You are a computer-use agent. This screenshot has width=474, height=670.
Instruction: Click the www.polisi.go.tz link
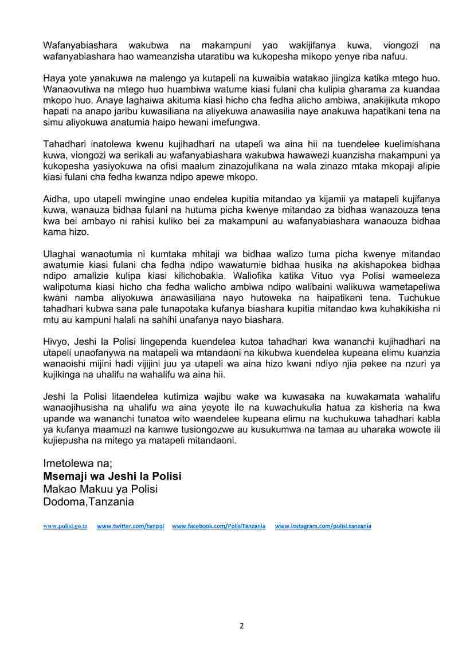click(65, 526)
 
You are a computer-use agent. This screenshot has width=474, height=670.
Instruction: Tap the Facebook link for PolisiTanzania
click(218, 526)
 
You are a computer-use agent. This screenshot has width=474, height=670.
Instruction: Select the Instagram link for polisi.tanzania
click(323, 526)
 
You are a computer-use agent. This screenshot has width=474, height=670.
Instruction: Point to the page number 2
click(241, 625)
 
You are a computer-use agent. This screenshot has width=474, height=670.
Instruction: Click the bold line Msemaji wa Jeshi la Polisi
click(112, 476)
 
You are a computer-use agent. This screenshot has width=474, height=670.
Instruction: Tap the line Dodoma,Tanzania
click(89, 502)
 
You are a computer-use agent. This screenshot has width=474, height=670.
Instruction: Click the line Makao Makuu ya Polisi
click(100, 489)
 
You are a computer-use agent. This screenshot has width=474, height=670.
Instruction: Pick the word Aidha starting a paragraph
click(55, 199)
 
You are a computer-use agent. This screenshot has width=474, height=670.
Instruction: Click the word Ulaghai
click(60, 254)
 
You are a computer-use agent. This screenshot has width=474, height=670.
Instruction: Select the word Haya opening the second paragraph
click(54, 78)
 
